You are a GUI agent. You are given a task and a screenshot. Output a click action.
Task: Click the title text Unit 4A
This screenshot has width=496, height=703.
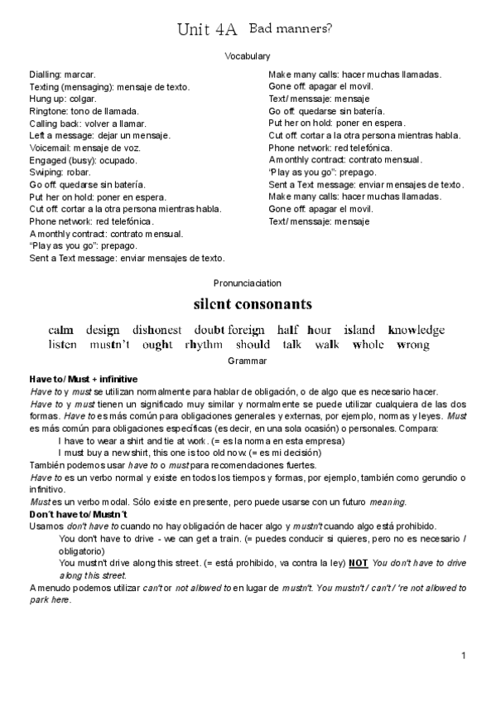207,31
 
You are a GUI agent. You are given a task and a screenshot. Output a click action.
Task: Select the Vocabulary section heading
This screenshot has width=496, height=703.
248,56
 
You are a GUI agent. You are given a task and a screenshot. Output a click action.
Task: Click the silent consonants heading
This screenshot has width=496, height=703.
252,303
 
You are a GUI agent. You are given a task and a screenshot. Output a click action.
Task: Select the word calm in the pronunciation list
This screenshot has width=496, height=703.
61,330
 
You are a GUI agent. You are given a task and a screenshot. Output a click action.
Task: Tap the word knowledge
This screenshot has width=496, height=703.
416,330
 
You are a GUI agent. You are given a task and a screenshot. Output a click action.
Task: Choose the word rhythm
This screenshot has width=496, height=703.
204,345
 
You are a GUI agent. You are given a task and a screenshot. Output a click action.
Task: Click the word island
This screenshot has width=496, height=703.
359,330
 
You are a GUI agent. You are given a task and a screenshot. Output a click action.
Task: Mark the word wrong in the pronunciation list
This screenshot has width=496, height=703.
414,345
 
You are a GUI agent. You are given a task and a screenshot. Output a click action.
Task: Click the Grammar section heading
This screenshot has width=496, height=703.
248,361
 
